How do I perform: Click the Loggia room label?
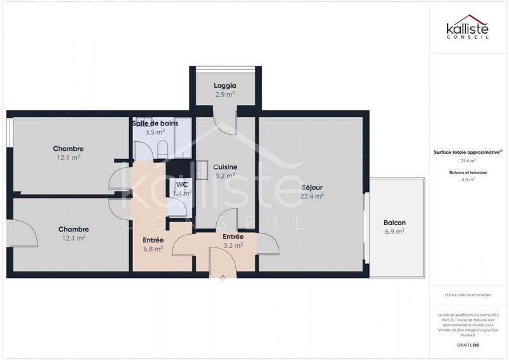point(225,85)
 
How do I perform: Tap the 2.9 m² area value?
point(225,94)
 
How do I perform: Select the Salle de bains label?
point(155,123)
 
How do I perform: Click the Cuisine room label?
point(225,167)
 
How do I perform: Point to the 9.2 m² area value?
point(225,176)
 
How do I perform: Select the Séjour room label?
point(312,187)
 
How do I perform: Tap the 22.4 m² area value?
point(312,196)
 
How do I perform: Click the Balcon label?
point(394,223)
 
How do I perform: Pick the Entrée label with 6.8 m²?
point(153,240)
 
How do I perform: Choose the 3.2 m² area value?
point(233,246)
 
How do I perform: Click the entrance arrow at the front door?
point(222,277)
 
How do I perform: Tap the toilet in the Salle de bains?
point(162,149)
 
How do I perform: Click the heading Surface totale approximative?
point(468,153)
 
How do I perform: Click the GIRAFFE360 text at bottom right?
point(468,345)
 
